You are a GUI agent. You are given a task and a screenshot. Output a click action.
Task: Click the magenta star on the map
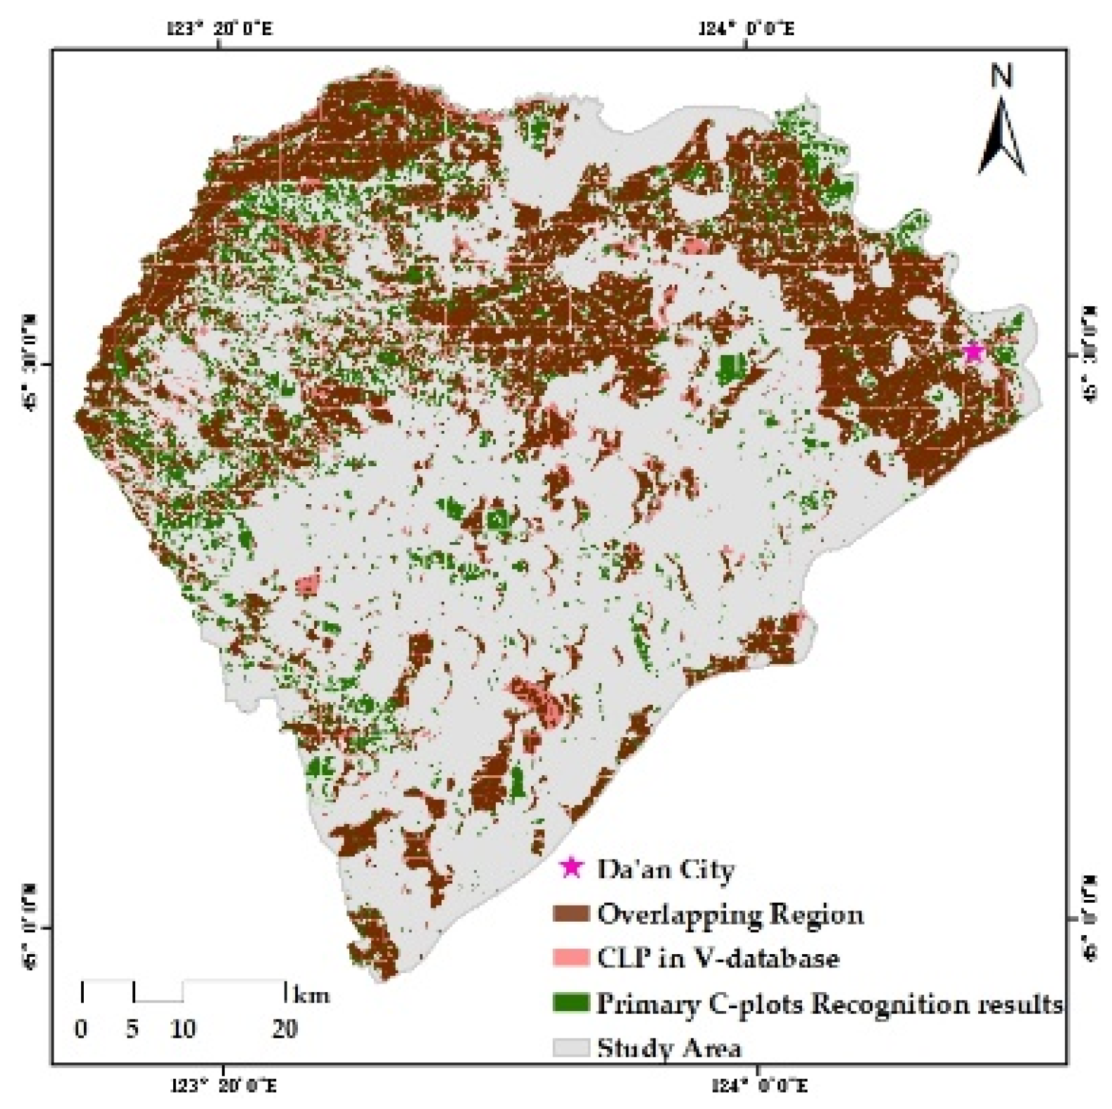[x=973, y=351]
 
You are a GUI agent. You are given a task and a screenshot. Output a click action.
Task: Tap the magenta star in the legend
[x=571, y=867]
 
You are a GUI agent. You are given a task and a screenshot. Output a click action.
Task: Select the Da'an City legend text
[x=666, y=870]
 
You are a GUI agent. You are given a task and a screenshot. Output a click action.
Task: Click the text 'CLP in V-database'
[x=718, y=958]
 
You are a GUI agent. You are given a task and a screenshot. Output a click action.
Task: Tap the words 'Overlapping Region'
[x=730, y=914]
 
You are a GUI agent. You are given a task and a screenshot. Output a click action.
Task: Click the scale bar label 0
[x=82, y=1029]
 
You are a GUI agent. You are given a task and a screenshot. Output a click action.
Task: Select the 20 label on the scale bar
[x=285, y=1029]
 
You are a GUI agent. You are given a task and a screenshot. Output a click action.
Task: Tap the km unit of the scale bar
[x=311, y=995]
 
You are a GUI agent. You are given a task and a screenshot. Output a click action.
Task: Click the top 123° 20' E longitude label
[x=220, y=29]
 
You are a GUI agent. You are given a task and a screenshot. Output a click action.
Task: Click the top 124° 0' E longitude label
[x=747, y=29]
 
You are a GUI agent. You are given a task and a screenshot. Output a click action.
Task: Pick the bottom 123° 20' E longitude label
[x=225, y=1086]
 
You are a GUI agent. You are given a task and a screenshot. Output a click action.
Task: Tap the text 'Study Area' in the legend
[x=669, y=1048]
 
